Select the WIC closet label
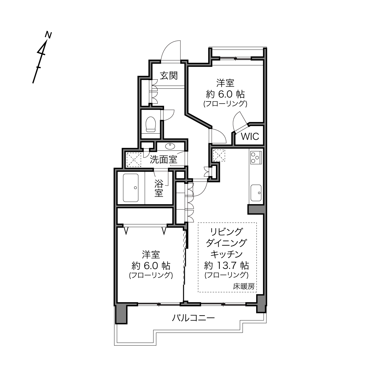point(250,136)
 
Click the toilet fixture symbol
point(150,124)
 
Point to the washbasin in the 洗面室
point(170,146)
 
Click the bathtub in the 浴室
point(131,188)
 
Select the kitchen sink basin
point(256,193)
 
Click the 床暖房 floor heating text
point(244,287)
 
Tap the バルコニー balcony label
point(193,318)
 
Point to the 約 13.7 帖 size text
point(226,265)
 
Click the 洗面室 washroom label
point(163,160)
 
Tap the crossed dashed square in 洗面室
point(134,160)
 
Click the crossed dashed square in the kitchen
point(219,155)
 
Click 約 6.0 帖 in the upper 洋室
point(225,95)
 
